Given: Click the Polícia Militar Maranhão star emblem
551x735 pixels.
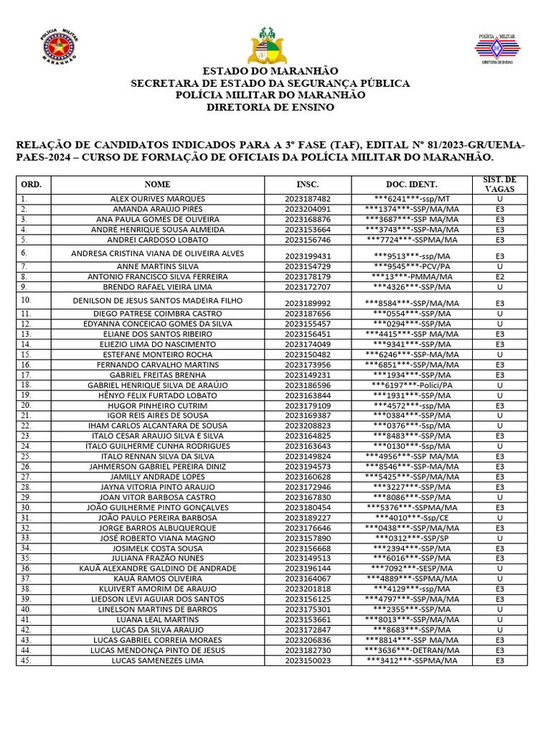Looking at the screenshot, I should click(x=60, y=49).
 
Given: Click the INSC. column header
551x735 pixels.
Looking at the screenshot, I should click(x=307, y=184).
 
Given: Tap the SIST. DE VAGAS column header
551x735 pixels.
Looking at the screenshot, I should click(x=499, y=184).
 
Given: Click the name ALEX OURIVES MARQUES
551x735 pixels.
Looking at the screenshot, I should click(x=157, y=199).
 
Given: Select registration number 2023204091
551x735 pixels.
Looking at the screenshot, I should click(x=308, y=209).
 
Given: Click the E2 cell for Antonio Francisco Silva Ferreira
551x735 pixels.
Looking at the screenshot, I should click(x=499, y=276).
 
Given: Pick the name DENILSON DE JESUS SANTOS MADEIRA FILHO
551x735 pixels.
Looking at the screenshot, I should click(x=158, y=300).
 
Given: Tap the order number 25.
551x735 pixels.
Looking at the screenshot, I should click(x=27, y=456).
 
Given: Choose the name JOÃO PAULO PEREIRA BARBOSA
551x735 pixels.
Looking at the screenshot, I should click(x=158, y=518).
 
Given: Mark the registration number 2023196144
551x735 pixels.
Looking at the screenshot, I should click(x=308, y=568).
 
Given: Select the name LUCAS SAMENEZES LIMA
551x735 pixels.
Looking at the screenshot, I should click(x=157, y=660).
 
